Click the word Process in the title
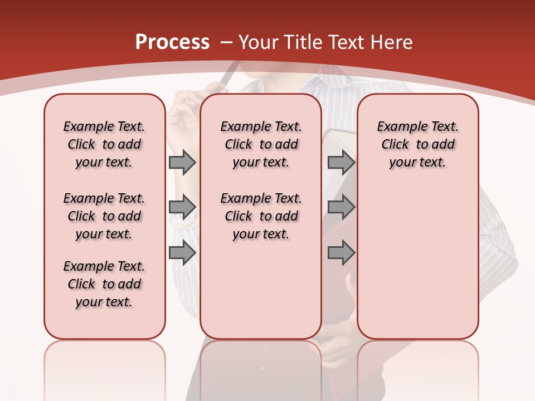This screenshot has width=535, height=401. tap(172, 42)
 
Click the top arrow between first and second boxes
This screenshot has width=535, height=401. tap(182, 163)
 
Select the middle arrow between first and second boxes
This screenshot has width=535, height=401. tap(182, 207)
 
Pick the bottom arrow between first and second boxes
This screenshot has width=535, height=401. tap(182, 253)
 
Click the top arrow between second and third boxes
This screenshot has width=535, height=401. tap(341, 163)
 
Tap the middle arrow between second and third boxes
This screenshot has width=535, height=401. tap(341, 207)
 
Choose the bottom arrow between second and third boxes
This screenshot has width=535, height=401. tap(341, 253)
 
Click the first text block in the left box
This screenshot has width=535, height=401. tap(104, 144)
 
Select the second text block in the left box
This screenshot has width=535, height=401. tap(104, 216)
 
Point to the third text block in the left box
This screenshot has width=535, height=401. tap(104, 284)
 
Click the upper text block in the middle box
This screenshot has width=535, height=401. tap(261, 144)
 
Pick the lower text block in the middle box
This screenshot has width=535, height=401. tap(261, 216)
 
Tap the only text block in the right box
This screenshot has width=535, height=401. tap(417, 144)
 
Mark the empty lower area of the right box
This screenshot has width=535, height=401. tap(417, 262)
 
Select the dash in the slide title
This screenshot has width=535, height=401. tap(226, 42)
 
